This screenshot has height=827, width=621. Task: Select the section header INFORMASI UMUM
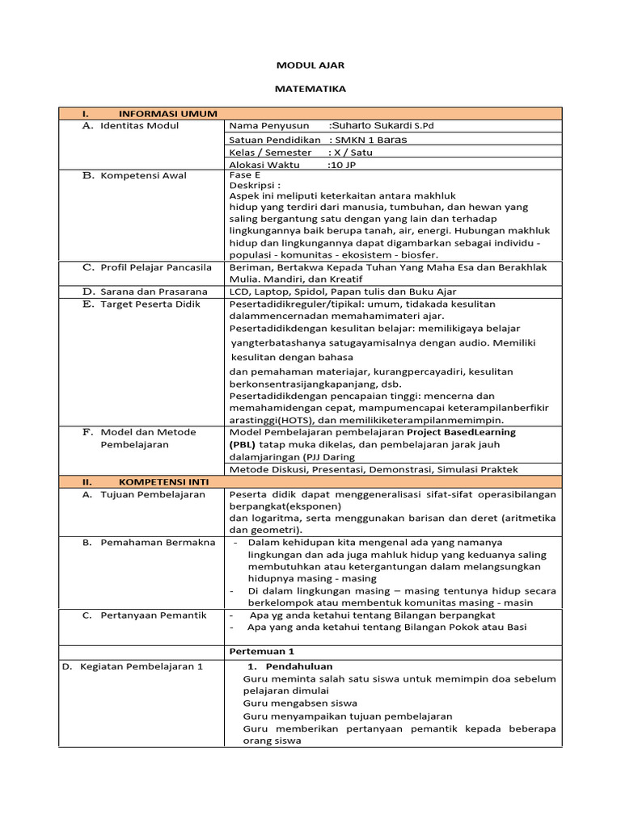point(167,114)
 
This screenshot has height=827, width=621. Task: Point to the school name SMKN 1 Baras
point(371,139)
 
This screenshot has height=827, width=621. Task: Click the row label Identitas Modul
point(139,126)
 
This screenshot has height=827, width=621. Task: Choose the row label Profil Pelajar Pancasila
point(155,267)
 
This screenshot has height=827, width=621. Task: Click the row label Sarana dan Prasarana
point(154,291)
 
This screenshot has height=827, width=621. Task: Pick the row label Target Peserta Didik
point(150,304)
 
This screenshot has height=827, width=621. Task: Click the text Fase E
point(245,174)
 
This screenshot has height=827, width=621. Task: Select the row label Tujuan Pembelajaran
point(152,494)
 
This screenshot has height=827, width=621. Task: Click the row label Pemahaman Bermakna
point(154,543)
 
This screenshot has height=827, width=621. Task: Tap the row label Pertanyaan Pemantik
point(154,615)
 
